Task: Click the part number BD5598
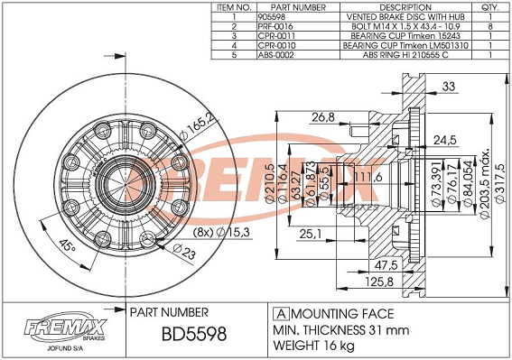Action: (194, 334)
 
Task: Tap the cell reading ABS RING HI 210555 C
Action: (405, 55)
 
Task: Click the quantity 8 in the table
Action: (490, 26)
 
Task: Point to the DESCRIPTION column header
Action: (405, 7)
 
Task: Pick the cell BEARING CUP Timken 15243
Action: (405, 36)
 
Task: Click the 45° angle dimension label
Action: (68, 245)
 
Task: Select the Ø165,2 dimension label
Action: (199, 127)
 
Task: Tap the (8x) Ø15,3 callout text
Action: (221, 233)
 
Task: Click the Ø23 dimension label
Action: (184, 252)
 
